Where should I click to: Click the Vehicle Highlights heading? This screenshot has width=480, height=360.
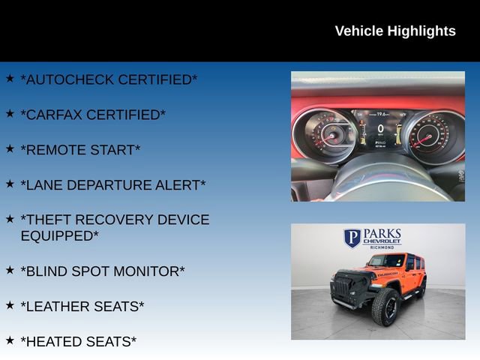pos(394,31)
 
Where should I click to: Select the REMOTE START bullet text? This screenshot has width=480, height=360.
pos(80,150)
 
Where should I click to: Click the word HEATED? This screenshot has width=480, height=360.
pos(51,341)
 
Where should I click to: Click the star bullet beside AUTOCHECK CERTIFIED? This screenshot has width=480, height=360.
pos(10,78)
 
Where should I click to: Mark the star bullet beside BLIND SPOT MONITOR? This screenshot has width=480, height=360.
pos(10,269)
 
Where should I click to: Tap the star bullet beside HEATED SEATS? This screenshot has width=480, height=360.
pos(10,340)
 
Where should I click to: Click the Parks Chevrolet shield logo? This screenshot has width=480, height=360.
pos(352,238)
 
